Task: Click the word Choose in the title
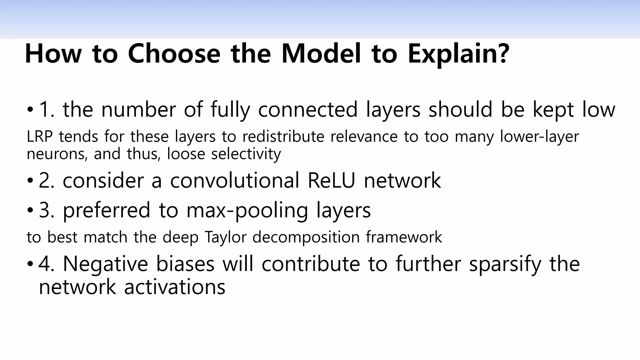(174, 54)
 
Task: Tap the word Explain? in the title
(458, 54)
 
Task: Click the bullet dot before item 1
(30, 110)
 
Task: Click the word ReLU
(332, 180)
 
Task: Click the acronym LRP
(39, 137)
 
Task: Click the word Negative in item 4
(105, 264)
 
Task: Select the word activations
(175, 287)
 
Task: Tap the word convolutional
(234, 180)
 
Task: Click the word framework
(404, 237)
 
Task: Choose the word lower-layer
(539, 137)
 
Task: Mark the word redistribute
(283, 137)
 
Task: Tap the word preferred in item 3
(107, 210)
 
